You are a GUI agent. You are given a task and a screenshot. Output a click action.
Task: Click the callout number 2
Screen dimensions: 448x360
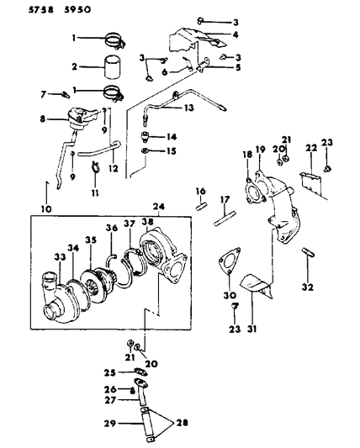pyautogui.click(x=75, y=66)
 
